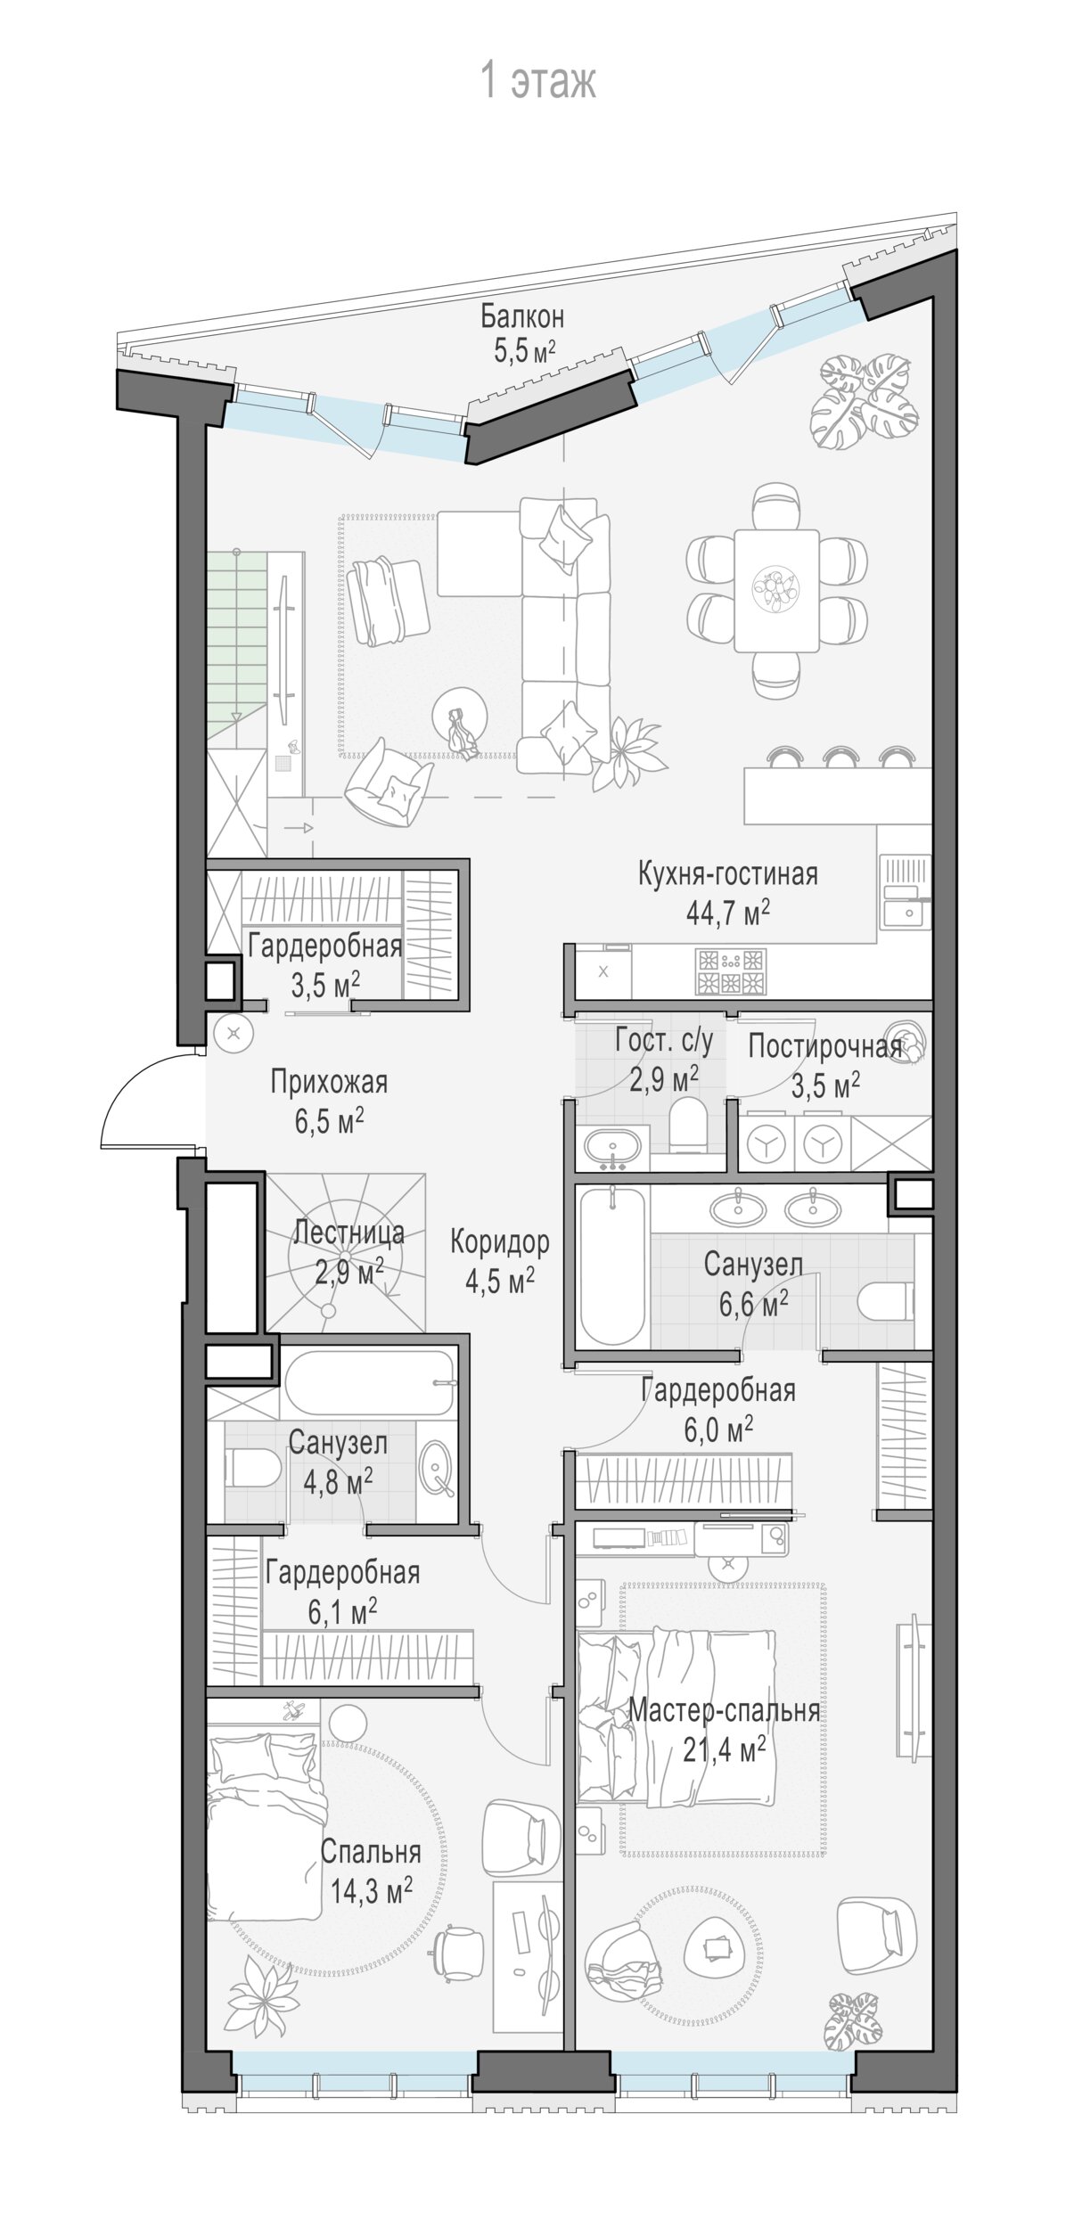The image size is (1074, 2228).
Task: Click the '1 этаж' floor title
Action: (537, 81)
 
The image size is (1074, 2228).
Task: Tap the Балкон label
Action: (522, 316)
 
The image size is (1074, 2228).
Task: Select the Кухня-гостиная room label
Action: (727, 873)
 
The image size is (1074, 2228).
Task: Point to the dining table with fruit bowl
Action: (776, 590)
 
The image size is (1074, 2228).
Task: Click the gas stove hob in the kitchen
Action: (730, 971)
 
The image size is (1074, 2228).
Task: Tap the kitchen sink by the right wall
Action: (906, 892)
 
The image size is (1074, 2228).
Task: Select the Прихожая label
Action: (329, 1082)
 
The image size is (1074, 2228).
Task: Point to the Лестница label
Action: (348, 1233)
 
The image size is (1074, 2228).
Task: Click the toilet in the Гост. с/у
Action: (686, 1124)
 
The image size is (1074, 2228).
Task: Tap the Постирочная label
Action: (825, 1046)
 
